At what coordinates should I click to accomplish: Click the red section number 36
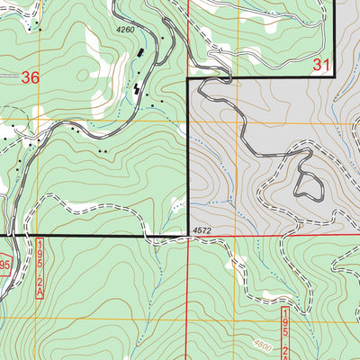click(x=31, y=78)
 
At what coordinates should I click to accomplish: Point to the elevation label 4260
click(x=130, y=31)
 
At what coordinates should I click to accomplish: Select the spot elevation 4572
click(x=201, y=231)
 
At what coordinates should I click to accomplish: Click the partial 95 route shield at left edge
click(x=4, y=265)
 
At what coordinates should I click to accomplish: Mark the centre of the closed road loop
click(x=310, y=185)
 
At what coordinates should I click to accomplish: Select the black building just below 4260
click(x=141, y=55)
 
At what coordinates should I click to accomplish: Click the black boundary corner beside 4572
click(x=187, y=236)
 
